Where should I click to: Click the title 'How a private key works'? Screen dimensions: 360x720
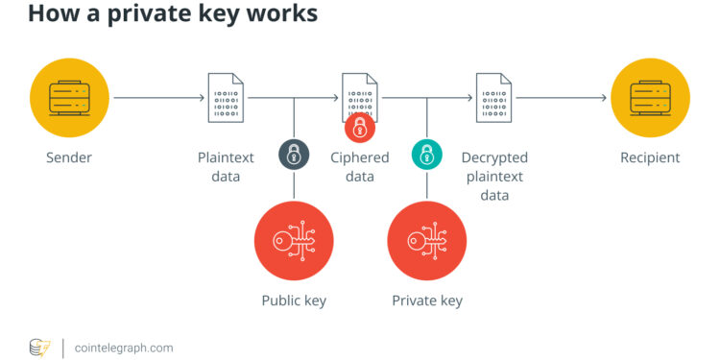pos(159,16)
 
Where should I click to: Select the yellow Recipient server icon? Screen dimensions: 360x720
pos(650,97)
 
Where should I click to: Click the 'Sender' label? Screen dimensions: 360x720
pos(69,157)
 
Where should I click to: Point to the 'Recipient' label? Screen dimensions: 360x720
pos(650,157)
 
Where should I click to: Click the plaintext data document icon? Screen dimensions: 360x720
pos(226,97)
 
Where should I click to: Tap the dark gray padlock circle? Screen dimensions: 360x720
pos(293,154)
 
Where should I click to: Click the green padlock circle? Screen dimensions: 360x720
pos(425,154)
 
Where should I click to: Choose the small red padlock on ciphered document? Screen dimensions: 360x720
pos(359,128)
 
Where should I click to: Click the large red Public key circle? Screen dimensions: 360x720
pos(293,241)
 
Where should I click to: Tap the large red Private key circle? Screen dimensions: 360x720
pos(426,241)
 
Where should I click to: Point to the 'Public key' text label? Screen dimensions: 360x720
pos(294,300)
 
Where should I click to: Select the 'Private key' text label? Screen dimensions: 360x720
pos(427,300)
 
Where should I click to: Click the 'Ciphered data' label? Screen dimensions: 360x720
pos(360,166)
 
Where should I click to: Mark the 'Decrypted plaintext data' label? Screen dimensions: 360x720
pos(494,176)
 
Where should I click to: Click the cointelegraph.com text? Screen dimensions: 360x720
pos(124,347)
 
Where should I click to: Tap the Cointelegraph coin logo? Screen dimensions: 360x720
pos(39,347)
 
